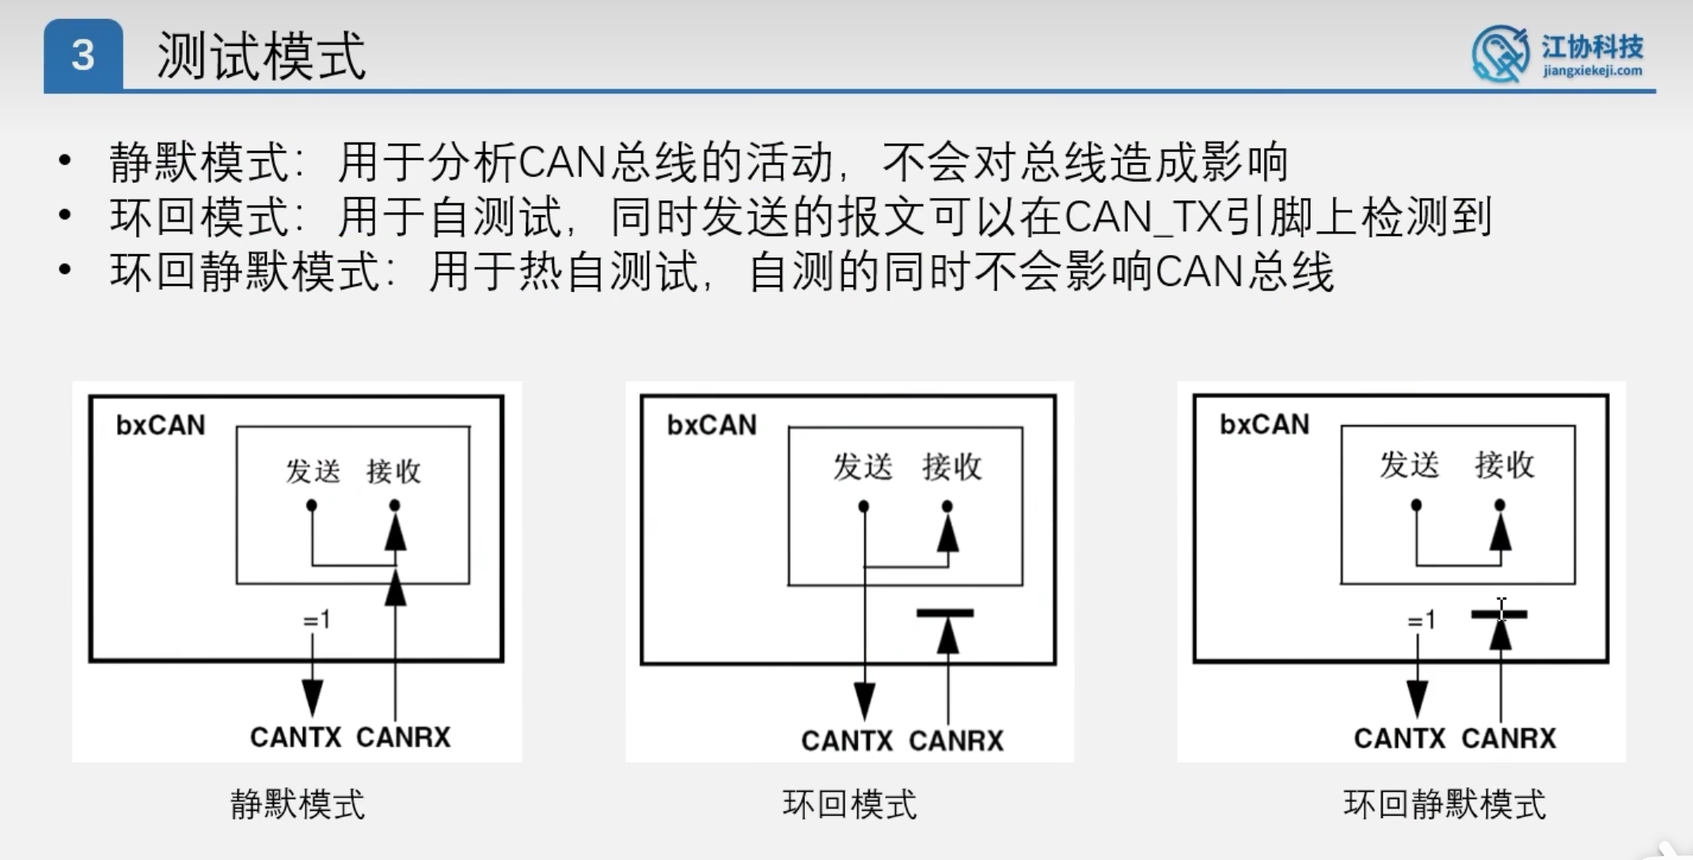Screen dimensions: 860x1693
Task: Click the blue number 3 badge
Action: point(83,55)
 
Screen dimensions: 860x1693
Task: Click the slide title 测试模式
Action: point(261,56)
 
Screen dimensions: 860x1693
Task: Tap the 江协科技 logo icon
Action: point(1499,54)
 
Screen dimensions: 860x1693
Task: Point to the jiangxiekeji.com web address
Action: point(1592,70)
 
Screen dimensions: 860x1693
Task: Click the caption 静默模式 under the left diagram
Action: point(298,805)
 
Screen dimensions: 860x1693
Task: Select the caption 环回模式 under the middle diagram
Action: point(849,805)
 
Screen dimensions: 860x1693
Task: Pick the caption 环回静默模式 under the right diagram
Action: point(1444,805)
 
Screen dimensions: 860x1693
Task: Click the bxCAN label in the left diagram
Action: point(160,425)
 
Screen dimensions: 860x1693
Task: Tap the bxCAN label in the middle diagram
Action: point(712,425)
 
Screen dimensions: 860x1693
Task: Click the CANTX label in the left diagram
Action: point(295,737)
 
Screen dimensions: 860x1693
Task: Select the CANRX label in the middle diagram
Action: point(956,740)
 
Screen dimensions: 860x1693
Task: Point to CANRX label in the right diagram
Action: point(1509,738)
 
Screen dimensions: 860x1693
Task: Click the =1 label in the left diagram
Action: point(317,620)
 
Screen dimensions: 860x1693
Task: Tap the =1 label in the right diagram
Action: point(1422,620)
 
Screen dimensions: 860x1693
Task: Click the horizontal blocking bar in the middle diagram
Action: point(945,613)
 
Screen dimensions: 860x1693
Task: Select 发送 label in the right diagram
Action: point(1409,465)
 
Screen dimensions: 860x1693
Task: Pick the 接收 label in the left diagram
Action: point(393,471)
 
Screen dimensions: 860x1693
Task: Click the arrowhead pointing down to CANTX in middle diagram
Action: point(864,700)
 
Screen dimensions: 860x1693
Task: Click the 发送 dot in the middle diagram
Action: point(864,506)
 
